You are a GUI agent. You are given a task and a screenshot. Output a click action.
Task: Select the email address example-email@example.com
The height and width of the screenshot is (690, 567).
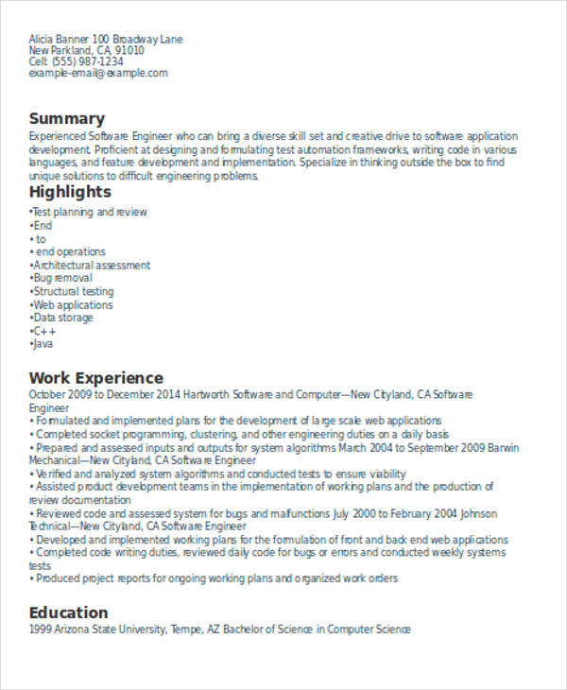click(98, 74)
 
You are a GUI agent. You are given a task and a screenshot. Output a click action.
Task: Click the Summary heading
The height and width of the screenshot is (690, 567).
click(66, 118)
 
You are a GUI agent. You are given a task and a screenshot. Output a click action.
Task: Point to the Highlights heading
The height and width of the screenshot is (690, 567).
click(70, 192)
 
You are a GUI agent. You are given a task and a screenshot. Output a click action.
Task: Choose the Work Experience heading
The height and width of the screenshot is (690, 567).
click(96, 377)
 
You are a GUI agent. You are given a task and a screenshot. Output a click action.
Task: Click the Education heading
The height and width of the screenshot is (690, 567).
click(68, 612)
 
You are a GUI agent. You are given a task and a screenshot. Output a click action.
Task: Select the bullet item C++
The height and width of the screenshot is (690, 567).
click(45, 332)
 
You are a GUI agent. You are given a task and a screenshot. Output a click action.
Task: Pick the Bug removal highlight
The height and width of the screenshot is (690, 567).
click(62, 279)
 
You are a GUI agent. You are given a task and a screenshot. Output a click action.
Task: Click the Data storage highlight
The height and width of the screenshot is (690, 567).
click(63, 319)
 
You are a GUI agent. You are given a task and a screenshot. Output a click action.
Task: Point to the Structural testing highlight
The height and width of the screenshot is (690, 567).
click(73, 292)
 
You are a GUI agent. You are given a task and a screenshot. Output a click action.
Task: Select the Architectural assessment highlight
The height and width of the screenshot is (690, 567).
click(91, 266)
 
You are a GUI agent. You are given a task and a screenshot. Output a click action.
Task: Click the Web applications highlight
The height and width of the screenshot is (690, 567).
click(73, 305)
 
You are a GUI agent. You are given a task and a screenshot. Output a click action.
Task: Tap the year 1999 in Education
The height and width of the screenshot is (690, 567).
click(40, 629)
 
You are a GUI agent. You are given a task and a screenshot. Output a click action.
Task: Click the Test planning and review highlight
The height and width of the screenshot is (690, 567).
click(89, 213)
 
